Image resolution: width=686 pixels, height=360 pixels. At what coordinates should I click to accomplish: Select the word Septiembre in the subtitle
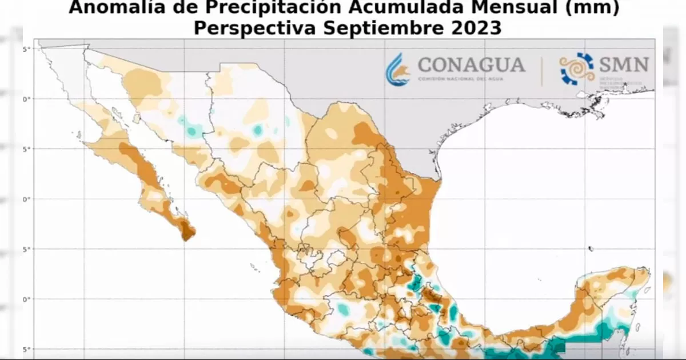click(378, 27)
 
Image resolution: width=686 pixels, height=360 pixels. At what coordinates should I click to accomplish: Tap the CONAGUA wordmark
click(472, 65)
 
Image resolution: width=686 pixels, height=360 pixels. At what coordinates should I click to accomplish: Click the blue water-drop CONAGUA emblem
click(398, 70)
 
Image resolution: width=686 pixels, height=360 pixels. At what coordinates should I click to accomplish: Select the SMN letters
click(624, 64)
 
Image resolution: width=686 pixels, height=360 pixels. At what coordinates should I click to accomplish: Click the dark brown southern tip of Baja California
click(188, 231)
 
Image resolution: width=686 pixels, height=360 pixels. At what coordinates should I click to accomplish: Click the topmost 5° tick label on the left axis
click(26, 49)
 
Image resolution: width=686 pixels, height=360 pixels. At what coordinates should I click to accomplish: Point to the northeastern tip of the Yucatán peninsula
click(645, 271)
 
